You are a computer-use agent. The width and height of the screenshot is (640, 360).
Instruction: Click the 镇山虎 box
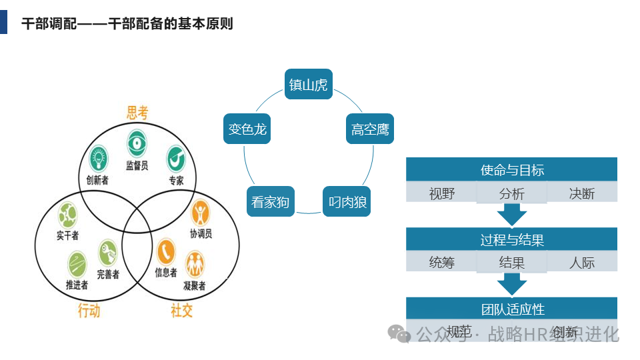pyautogui.click(x=309, y=85)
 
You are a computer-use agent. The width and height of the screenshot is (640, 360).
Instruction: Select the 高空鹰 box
pyautogui.click(x=370, y=129)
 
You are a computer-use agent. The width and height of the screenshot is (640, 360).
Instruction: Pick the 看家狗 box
pyautogui.click(x=271, y=201)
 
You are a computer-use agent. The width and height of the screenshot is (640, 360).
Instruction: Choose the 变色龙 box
pyautogui.click(x=247, y=129)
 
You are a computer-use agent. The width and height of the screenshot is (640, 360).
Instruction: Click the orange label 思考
pyautogui.click(x=137, y=113)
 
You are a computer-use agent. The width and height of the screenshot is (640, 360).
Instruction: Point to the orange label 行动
pyautogui.click(x=89, y=310)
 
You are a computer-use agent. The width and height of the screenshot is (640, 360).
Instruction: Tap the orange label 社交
pyautogui.click(x=181, y=310)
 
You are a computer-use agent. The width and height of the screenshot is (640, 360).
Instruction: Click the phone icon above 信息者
pyautogui.click(x=165, y=253)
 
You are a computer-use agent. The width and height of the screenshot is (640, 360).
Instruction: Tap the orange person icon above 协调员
pyautogui.click(x=200, y=213)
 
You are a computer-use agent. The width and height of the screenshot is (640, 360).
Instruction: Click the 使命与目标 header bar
pyautogui.click(x=512, y=169)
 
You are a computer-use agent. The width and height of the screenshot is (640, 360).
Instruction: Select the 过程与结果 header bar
pyautogui.click(x=512, y=239)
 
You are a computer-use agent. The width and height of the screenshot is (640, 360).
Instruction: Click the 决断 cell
pyautogui.click(x=582, y=193)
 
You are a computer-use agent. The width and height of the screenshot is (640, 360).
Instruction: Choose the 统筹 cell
pyautogui.click(x=442, y=263)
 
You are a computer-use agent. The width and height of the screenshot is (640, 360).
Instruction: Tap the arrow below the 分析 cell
pyautogui.click(x=512, y=215)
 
